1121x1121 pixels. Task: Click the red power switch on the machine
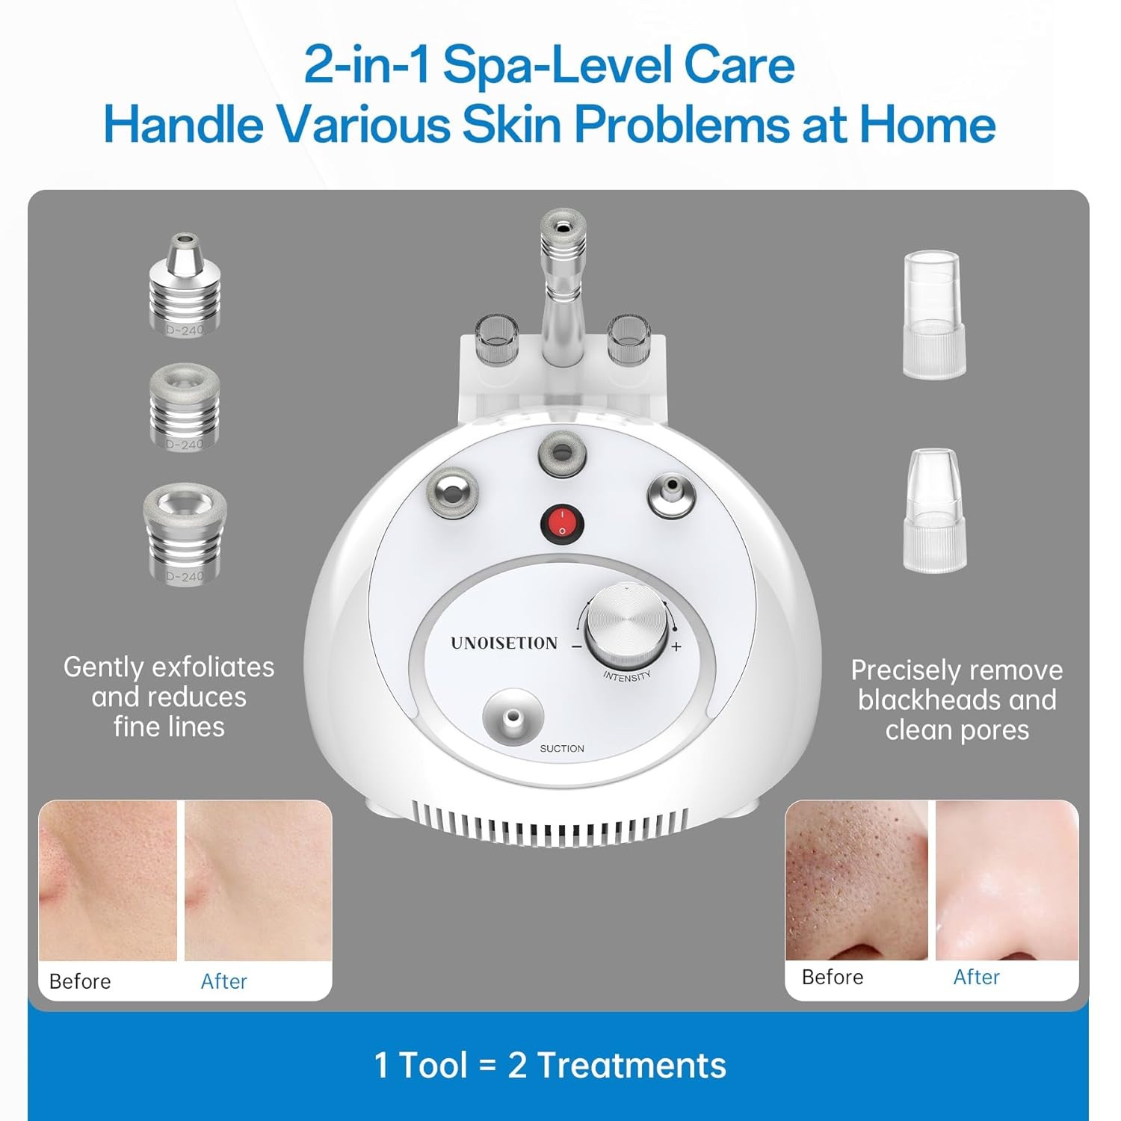pyautogui.click(x=562, y=524)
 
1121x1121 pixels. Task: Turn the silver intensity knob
pyautogui.click(x=627, y=625)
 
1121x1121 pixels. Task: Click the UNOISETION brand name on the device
pyautogui.click(x=504, y=643)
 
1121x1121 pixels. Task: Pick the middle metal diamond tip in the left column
pyautogui.click(x=184, y=408)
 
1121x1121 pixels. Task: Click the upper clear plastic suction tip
pyautogui.click(x=933, y=314)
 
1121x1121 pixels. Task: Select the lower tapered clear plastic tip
pyautogui.click(x=933, y=510)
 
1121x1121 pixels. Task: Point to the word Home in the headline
pyautogui.click(x=927, y=124)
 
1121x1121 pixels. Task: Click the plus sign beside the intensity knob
pyautogui.click(x=676, y=646)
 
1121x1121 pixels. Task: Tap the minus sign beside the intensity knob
pyautogui.click(x=576, y=646)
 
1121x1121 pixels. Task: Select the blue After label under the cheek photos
pyautogui.click(x=223, y=981)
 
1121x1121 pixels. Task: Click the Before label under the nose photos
pyautogui.click(x=832, y=977)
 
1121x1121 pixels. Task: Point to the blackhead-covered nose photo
pyautogui.click(x=856, y=880)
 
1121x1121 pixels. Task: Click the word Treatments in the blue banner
pyautogui.click(x=631, y=1065)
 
